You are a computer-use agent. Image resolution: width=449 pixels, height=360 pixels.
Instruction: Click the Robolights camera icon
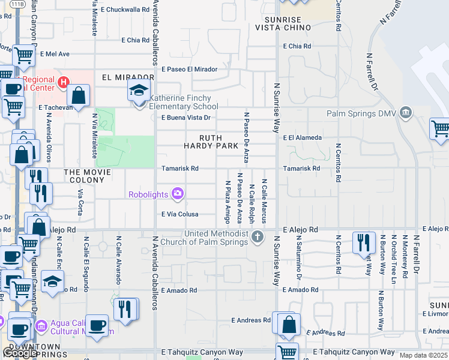tap(178, 193)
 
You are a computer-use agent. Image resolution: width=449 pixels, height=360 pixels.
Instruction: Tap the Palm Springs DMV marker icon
tap(406, 113)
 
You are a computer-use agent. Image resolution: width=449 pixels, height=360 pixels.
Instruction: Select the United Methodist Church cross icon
tap(258, 235)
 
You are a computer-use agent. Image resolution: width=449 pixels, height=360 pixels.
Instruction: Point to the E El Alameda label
tap(303, 137)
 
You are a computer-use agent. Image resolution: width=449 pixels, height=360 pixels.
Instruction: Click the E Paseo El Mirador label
tap(189, 69)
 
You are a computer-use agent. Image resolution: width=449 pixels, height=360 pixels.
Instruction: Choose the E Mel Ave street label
tap(54, 54)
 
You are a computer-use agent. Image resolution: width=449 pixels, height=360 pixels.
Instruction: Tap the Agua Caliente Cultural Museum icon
tap(41, 326)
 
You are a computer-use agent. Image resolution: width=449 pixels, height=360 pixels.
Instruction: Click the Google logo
tap(20, 353)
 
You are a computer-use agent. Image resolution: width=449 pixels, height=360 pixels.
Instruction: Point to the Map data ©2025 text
tap(423, 355)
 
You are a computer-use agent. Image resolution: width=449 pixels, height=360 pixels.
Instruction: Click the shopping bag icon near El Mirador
tap(79, 95)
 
